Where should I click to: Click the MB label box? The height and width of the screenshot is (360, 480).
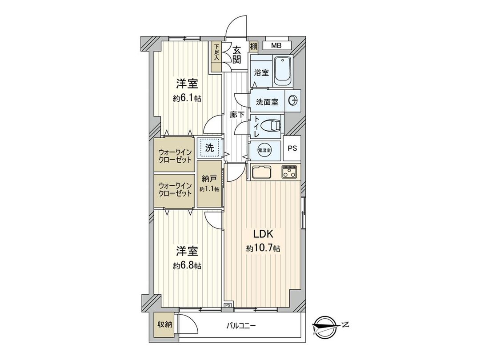click(276, 45)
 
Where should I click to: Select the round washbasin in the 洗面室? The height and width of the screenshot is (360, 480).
click(294, 101)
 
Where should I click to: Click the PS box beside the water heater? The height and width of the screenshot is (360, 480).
click(292, 148)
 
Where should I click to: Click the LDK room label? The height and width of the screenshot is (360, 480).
click(263, 234)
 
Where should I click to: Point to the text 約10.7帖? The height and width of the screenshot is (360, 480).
click(263, 249)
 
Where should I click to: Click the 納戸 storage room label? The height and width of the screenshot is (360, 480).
click(209, 180)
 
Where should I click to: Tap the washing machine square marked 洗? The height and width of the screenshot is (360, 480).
click(209, 148)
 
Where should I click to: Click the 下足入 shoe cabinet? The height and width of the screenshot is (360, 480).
click(216, 57)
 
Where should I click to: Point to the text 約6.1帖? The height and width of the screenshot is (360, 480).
click(187, 98)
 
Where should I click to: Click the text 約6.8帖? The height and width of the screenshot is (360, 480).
click(187, 266)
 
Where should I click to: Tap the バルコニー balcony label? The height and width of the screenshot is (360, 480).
click(241, 326)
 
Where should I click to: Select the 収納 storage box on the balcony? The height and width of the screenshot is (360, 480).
click(164, 324)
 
